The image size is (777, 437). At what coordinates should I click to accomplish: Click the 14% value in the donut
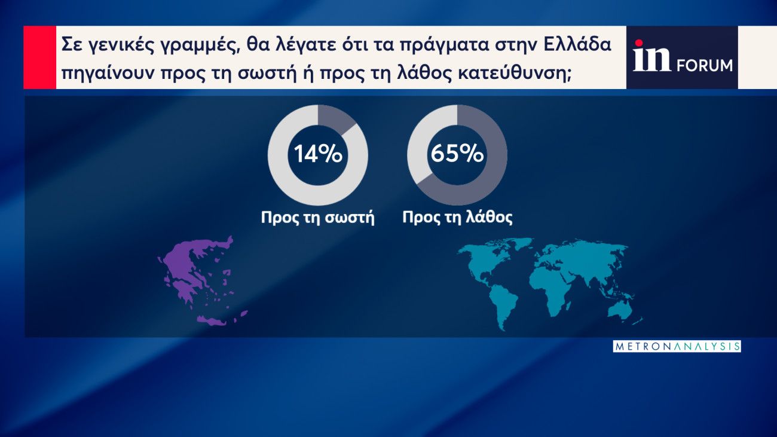click(318, 154)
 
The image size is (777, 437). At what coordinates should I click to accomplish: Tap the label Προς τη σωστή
click(318, 218)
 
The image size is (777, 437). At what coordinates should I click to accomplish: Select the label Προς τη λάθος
click(457, 217)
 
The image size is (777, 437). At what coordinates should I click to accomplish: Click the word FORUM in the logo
click(705, 66)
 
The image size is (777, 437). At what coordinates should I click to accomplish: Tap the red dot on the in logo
click(638, 43)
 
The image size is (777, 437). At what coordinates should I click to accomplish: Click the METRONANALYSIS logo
click(677, 346)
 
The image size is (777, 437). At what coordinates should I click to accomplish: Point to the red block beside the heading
click(39, 57)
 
